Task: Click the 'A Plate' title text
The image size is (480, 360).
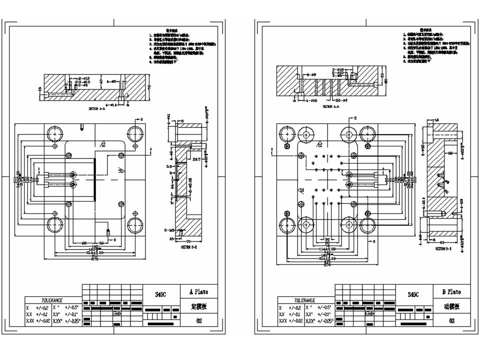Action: pyautogui.click(x=198, y=291)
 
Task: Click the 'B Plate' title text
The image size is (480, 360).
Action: pyautogui.click(x=451, y=291)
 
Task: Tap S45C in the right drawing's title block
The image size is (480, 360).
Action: pyautogui.click(x=413, y=295)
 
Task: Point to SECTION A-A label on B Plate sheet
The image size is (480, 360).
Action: pyautogui.click(x=331, y=106)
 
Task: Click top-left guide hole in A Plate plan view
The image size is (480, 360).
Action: pyautogui.click(x=54, y=134)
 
